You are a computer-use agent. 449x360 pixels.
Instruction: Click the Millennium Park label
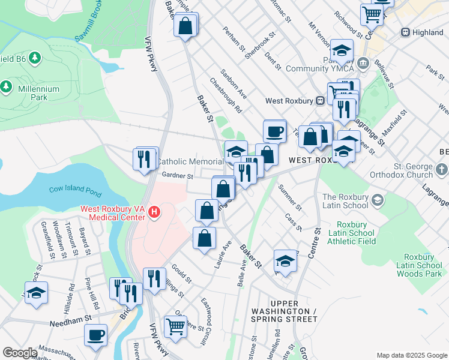(38, 92)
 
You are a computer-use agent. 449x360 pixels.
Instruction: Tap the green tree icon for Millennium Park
(7, 86)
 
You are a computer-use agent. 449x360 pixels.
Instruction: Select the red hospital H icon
(155, 212)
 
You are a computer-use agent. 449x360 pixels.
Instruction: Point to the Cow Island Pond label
(74, 190)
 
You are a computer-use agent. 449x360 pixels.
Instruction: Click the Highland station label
(428, 32)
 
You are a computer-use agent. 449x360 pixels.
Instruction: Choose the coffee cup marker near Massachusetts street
(95, 335)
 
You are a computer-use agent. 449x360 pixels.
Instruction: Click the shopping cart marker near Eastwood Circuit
(175, 327)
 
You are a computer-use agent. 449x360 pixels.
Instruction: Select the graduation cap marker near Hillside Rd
(36, 293)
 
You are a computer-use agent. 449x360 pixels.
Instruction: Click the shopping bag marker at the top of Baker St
(185, 26)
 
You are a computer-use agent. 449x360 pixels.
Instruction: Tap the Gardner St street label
(177, 176)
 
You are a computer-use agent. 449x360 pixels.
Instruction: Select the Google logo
(20, 353)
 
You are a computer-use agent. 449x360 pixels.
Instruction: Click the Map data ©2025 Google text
(411, 355)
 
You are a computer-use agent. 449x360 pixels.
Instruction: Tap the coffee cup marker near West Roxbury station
(274, 131)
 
